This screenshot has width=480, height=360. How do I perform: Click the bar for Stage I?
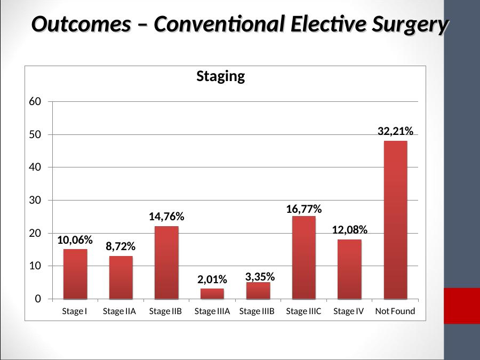(x=75, y=274)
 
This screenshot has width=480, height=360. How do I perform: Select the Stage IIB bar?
(x=166, y=262)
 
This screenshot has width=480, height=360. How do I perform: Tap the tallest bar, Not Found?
(x=396, y=220)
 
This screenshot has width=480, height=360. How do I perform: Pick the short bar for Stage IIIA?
(x=212, y=293)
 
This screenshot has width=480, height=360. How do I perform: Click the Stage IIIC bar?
(x=303, y=258)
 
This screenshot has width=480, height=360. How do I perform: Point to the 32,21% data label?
(x=395, y=131)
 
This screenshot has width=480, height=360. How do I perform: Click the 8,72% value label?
(x=121, y=246)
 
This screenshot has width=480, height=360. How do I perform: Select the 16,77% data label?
(x=303, y=209)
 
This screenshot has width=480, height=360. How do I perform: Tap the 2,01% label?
(x=212, y=279)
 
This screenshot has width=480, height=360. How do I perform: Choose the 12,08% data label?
(x=349, y=229)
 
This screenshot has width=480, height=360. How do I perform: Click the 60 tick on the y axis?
(x=35, y=101)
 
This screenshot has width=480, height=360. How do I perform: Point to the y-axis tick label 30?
(x=35, y=200)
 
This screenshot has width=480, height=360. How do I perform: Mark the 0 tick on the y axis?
(x=38, y=299)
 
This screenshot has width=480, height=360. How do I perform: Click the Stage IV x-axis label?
(x=348, y=311)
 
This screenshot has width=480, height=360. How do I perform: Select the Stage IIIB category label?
(x=257, y=311)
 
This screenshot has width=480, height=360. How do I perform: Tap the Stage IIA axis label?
(x=119, y=311)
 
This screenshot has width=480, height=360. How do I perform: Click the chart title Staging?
(x=220, y=76)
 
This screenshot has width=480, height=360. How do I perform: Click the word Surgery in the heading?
(x=410, y=25)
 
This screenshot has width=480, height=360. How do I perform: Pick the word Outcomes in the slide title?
(x=81, y=24)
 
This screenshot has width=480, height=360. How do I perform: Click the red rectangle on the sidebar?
(x=462, y=306)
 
